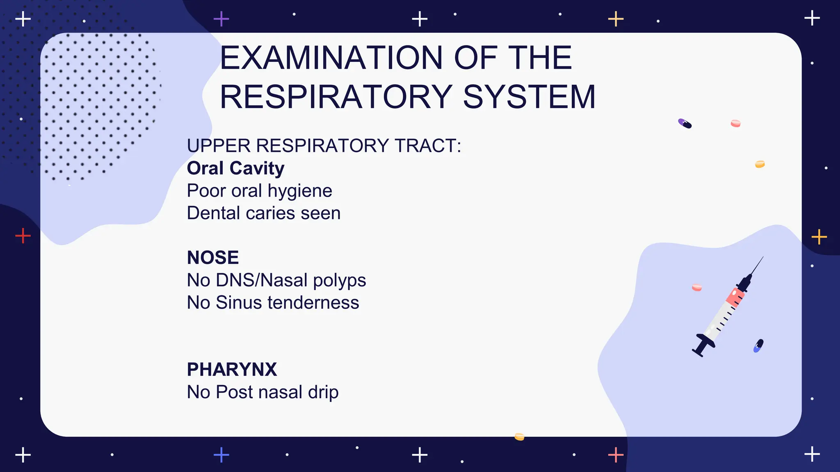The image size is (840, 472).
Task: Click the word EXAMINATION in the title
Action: coord(331,58)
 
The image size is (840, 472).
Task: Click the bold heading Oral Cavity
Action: coord(235,168)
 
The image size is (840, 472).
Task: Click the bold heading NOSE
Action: coord(212,258)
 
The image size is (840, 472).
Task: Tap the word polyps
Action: coord(339,280)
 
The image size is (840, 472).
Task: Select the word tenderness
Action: coord(313,303)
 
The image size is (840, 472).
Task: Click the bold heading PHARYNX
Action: coord(232,370)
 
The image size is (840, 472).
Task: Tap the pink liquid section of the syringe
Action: coord(735,296)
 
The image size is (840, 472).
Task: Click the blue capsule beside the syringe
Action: coord(758,346)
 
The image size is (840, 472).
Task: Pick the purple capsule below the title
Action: coord(685,123)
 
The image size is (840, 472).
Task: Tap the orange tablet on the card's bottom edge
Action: coord(519,436)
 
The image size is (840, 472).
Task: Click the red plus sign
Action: coord(23,236)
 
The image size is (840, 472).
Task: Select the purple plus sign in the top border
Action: coord(221,19)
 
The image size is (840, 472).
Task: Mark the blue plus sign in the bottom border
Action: coord(221,455)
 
